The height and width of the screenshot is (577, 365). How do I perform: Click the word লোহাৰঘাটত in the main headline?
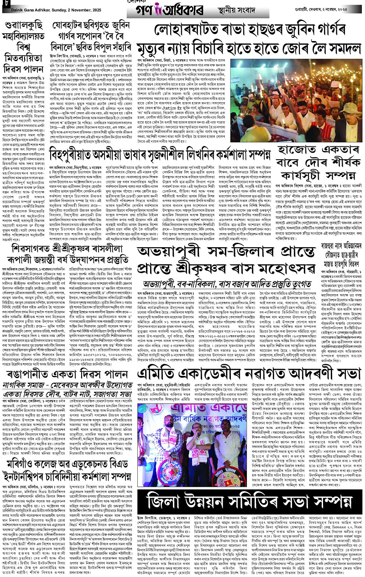192,30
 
